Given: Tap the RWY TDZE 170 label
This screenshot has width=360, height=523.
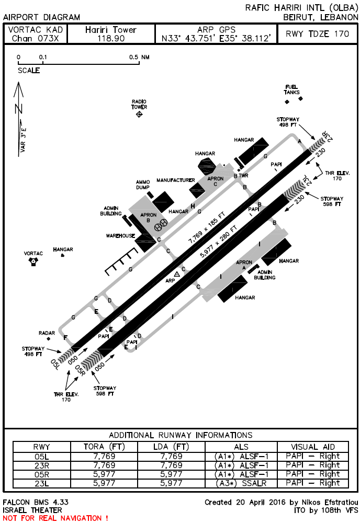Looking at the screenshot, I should [317, 34].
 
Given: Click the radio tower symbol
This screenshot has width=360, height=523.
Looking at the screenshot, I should [139, 114].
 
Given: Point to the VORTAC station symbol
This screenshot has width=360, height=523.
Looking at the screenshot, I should [33, 261].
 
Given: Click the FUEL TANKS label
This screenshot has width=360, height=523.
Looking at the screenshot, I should [292, 89].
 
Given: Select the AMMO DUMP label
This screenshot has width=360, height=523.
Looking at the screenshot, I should [143, 185].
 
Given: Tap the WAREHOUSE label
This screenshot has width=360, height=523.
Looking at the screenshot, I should [121, 236].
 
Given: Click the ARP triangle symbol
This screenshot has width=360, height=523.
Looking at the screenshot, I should [177, 274].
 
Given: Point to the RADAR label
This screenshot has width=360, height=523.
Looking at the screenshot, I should [47, 333].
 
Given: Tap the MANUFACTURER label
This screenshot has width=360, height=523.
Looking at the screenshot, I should [176, 180].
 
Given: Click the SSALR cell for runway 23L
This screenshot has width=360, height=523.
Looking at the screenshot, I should [241, 483].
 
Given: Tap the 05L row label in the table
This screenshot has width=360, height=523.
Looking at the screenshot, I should [41, 456].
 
